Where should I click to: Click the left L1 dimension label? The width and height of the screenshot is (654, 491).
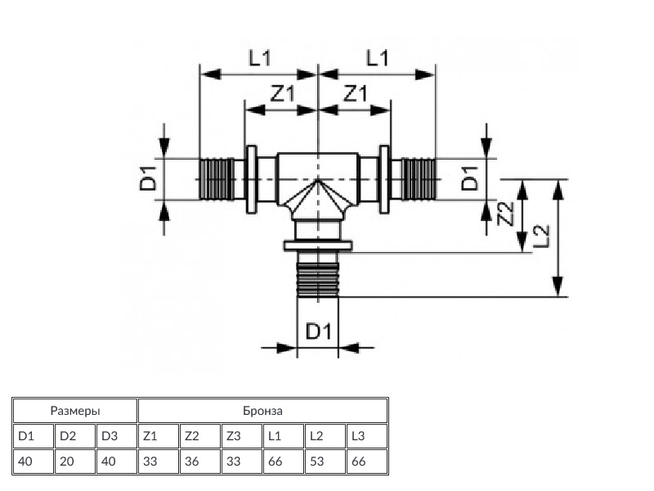pos(260,57)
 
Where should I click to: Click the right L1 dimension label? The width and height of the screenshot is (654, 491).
pos(377,57)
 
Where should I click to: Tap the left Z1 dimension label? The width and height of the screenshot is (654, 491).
pos(282,93)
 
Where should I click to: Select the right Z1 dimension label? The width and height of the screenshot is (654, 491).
pos(355,93)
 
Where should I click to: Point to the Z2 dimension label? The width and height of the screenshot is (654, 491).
pos(506,214)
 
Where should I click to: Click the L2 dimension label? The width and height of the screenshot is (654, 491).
pos(541,236)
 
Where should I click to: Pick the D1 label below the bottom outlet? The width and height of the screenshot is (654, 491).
pos(319,331)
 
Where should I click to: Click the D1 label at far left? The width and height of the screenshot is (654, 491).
pos(148,178)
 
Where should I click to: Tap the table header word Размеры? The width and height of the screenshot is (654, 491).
pos(75,411)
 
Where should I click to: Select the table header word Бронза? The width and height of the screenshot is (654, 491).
pos(262,411)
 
